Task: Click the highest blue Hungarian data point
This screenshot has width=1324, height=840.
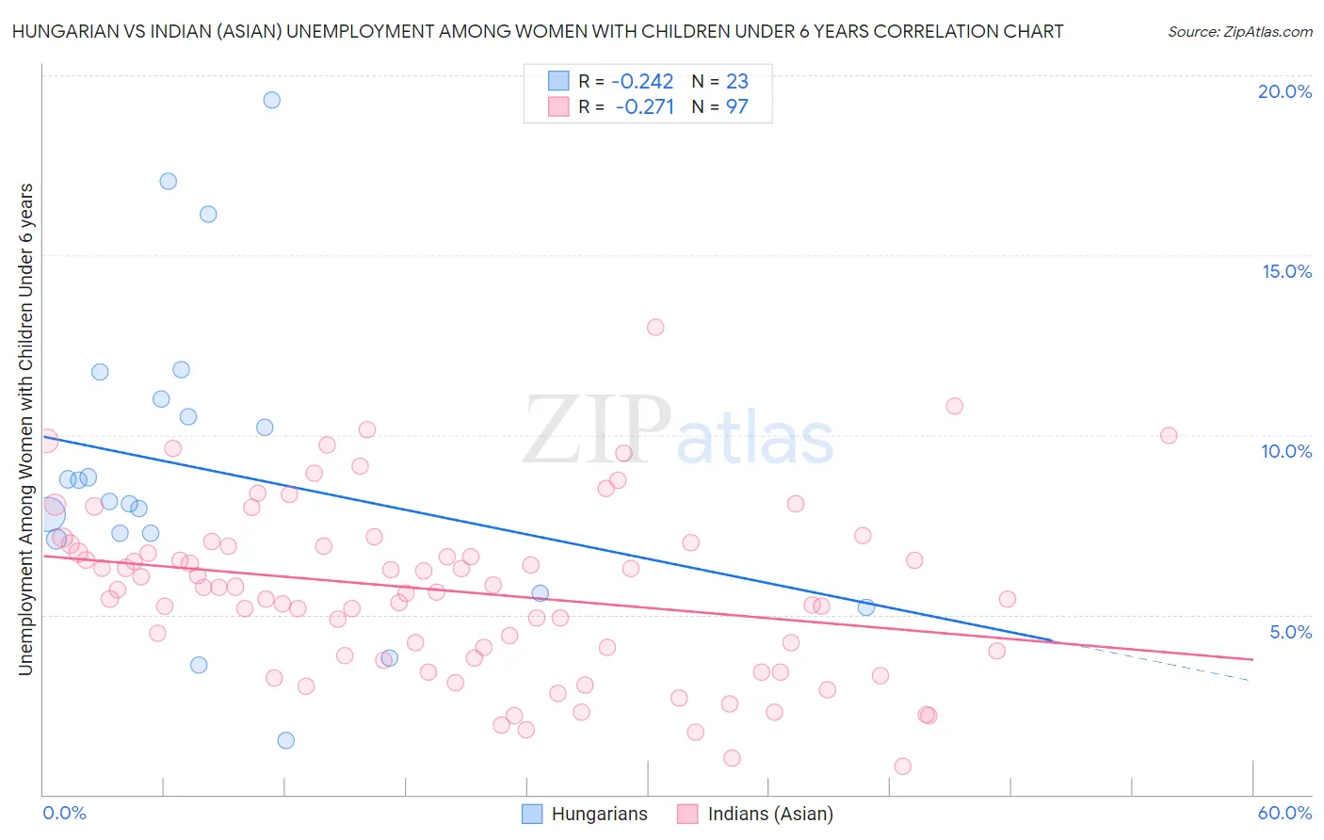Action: point(271,100)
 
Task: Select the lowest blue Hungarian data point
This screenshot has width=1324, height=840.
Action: point(286,740)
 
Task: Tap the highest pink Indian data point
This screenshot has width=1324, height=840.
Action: point(655,327)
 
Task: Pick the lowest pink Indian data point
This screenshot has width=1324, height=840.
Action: point(903,767)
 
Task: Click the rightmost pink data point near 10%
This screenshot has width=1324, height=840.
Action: point(1169,435)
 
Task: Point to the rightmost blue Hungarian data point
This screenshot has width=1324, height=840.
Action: point(866,607)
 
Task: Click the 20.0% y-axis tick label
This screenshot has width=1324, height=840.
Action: point(1284,91)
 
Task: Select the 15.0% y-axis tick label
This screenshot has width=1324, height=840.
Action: point(1286,271)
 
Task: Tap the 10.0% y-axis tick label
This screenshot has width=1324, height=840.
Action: point(1286,451)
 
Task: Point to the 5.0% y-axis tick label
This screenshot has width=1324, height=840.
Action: point(1290,632)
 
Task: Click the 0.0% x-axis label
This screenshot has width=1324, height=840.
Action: point(64,813)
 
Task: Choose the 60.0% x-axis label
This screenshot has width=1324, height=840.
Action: point(1284,813)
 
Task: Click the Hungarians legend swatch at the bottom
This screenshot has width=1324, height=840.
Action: point(532,814)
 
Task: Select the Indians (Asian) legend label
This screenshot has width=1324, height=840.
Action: point(770,814)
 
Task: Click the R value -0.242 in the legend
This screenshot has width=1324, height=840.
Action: point(642,82)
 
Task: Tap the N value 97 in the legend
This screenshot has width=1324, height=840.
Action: point(736,107)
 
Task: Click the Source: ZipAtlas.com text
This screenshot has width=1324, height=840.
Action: point(1239,32)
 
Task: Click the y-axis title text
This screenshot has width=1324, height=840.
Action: point(26,428)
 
